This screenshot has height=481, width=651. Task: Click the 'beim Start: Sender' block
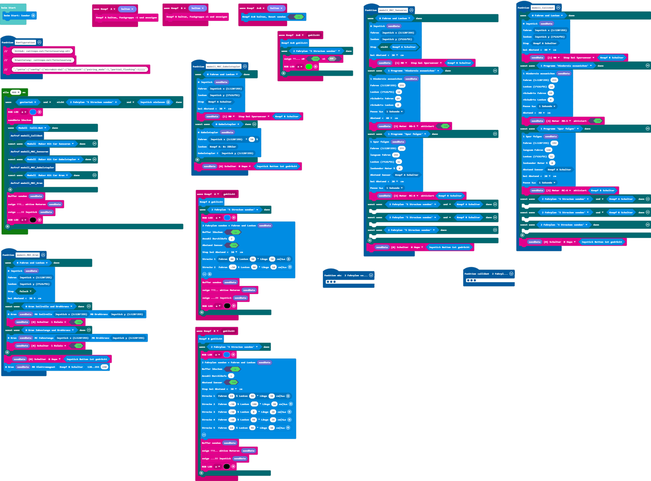point(17,16)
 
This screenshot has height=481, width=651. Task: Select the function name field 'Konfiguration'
point(25,43)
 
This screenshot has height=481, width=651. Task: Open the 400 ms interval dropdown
point(16,92)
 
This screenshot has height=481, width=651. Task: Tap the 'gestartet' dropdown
point(28,102)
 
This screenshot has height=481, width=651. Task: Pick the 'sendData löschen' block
point(20,120)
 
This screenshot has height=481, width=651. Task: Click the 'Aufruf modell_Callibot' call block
point(27,136)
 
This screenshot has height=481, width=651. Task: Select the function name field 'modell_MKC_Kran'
point(27,255)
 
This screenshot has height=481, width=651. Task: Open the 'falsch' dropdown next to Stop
point(25,291)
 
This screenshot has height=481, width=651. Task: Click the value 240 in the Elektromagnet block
point(104,367)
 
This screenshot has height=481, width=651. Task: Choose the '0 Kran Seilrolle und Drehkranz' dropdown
point(49,306)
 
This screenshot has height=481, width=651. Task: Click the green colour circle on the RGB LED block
point(309,67)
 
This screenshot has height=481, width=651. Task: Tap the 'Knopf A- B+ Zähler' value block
point(223,147)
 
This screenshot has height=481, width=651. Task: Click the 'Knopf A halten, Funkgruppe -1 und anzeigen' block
point(126,18)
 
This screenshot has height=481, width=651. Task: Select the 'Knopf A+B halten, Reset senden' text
point(264,17)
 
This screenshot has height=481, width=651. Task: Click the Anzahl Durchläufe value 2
point(231,239)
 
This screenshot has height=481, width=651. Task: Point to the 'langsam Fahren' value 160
point(548,150)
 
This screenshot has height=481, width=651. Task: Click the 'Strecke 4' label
point(208,420)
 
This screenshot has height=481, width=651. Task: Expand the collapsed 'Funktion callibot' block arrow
point(511,274)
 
